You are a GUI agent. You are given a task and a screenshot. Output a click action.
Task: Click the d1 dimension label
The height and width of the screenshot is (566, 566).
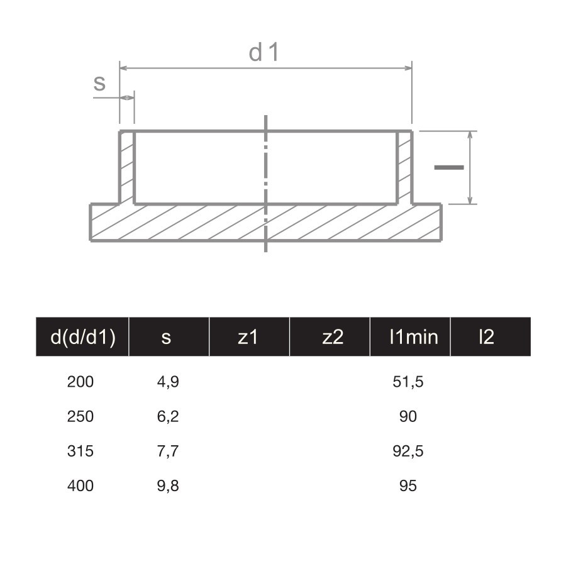pyautogui.click(x=264, y=53)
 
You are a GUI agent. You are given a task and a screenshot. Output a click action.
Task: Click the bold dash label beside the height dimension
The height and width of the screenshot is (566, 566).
pyautogui.click(x=449, y=167)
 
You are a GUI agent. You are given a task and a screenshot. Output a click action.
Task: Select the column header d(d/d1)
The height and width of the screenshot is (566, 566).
pyautogui.click(x=82, y=337)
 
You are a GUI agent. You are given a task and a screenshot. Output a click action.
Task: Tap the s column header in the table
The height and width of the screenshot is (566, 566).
pyautogui.click(x=166, y=337)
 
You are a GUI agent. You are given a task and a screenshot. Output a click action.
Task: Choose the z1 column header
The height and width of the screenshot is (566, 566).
pyautogui.click(x=248, y=337)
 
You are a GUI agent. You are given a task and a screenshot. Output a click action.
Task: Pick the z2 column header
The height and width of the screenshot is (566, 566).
pyautogui.click(x=333, y=337)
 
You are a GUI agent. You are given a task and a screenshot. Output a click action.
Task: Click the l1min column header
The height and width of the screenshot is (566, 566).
pyautogui.click(x=413, y=337)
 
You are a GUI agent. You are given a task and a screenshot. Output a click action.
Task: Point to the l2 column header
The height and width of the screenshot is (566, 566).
pyautogui.click(x=486, y=337)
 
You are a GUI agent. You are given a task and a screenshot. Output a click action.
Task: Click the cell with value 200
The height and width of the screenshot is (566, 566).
pyautogui.click(x=80, y=382)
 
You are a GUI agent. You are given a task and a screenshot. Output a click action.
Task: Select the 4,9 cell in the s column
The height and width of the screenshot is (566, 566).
pyautogui.click(x=168, y=382)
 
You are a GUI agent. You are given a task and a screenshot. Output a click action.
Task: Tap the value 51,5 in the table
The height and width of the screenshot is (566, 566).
pyautogui.click(x=408, y=382)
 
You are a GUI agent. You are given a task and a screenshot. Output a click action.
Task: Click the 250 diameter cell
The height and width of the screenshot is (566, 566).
pyautogui.click(x=80, y=416)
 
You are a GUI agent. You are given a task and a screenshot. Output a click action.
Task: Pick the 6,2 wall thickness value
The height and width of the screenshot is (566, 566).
pyautogui.click(x=168, y=416)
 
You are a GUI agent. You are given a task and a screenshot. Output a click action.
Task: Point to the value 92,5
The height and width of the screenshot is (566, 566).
pyautogui.click(x=408, y=451)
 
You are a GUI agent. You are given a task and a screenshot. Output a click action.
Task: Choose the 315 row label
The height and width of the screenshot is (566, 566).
pyautogui.click(x=80, y=451)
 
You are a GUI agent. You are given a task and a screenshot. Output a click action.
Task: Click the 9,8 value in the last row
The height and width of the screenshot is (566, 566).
pyautogui.click(x=168, y=486)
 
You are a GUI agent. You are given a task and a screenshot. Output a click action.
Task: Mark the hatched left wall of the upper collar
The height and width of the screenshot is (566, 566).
pyautogui.click(x=127, y=167)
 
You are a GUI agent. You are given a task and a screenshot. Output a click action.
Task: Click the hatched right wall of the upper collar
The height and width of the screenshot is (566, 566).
pyautogui.click(x=404, y=167)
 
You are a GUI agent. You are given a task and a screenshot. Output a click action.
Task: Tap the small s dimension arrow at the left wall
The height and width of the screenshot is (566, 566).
pyautogui.click(x=127, y=97)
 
